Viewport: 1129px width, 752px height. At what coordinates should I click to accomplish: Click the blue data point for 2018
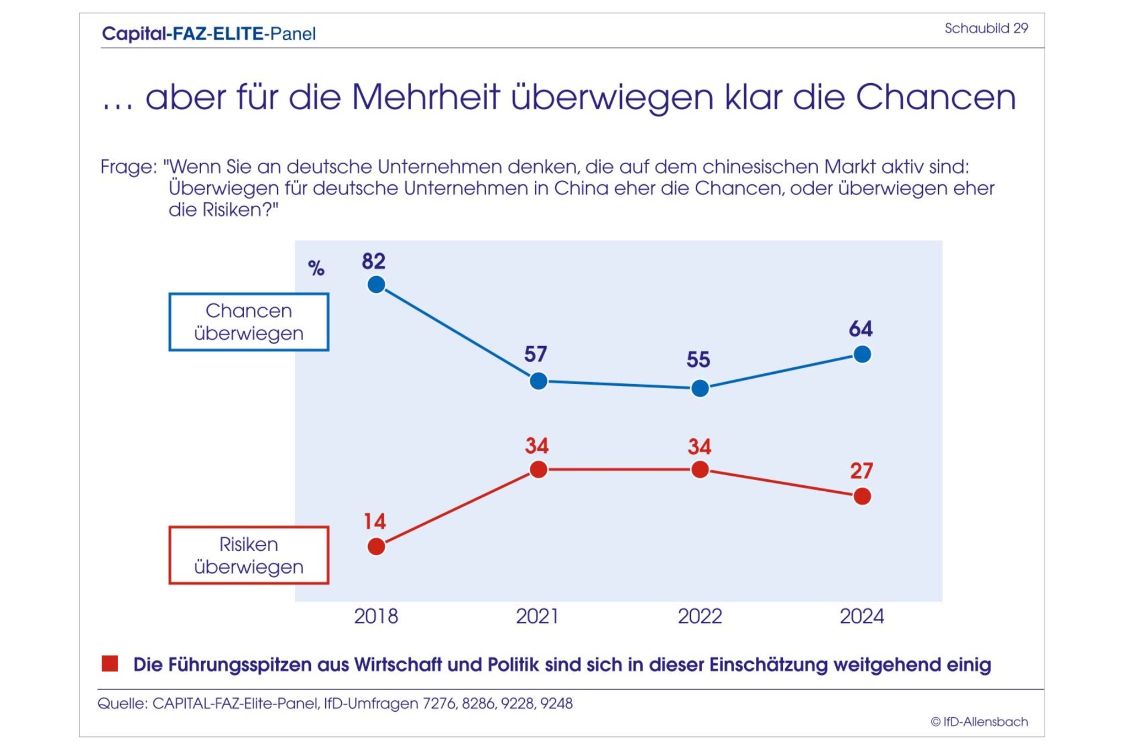tap(376, 285)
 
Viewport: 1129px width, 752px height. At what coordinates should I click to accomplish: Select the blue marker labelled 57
tap(538, 381)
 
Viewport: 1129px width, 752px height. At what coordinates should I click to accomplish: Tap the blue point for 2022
tap(700, 388)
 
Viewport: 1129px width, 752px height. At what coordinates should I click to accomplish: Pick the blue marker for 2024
tap(862, 354)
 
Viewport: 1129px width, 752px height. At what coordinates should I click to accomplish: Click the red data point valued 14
tap(376, 546)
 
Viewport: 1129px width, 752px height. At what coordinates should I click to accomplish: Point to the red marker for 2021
tap(538, 470)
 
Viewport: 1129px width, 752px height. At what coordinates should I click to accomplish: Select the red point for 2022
tap(700, 470)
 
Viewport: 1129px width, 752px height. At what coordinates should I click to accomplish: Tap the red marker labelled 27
tap(862, 496)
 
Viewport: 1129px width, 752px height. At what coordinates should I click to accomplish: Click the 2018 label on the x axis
tap(376, 616)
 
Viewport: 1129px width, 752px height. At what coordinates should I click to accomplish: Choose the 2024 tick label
tap(862, 616)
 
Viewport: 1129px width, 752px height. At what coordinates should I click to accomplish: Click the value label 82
tap(373, 261)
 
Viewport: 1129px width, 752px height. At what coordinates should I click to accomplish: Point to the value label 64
tap(861, 329)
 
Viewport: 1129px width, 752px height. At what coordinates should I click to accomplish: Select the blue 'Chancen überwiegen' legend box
tap(249, 322)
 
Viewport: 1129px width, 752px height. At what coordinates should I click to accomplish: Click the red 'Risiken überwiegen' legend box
tap(249, 555)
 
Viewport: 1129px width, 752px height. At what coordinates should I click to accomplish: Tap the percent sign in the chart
tap(316, 268)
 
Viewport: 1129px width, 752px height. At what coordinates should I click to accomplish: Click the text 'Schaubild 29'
tap(986, 29)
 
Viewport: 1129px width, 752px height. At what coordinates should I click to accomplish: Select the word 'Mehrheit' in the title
tap(425, 98)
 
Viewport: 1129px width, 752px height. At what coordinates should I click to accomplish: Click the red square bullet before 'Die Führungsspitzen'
tap(110, 664)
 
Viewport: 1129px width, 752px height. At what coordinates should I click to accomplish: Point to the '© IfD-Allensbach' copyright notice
tap(979, 722)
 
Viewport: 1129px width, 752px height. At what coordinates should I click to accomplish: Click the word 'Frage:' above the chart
tap(128, 167)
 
